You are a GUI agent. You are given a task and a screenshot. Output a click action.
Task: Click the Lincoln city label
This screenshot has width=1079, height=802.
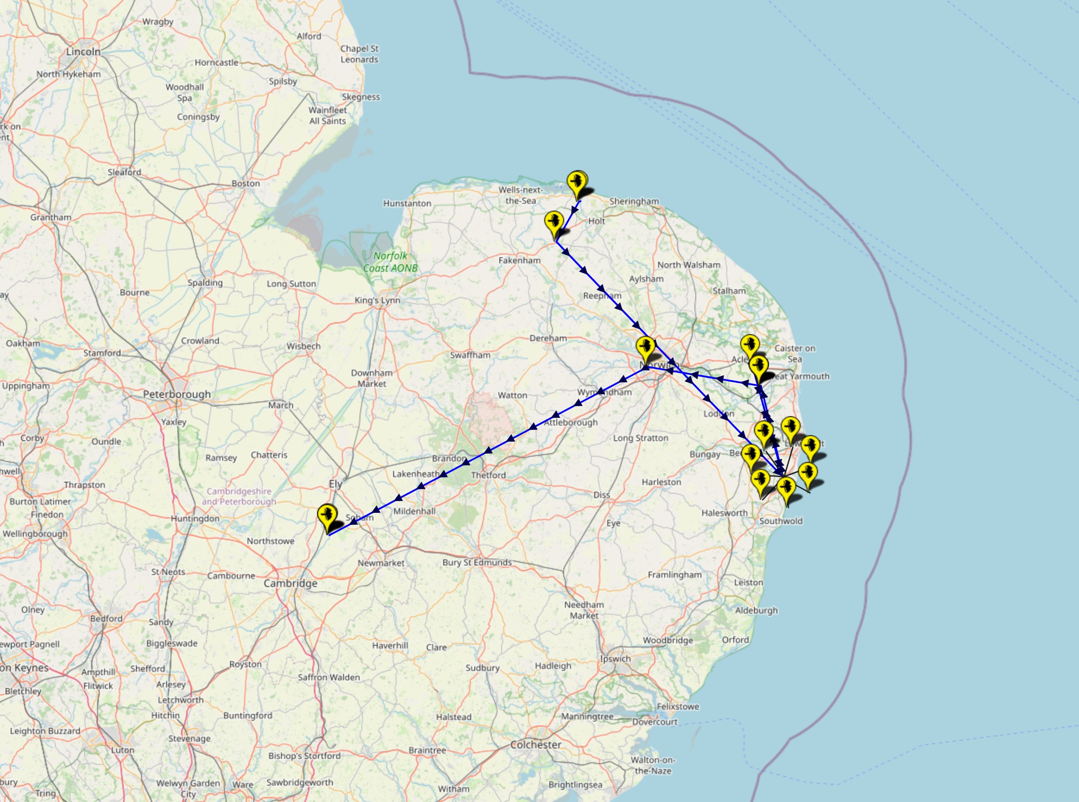83,51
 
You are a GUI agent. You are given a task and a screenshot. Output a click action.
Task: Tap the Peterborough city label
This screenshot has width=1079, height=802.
177,394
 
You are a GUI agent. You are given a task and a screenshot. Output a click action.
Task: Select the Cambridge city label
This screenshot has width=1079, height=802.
290,583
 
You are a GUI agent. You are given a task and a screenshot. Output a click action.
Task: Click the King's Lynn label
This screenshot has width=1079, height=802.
377,300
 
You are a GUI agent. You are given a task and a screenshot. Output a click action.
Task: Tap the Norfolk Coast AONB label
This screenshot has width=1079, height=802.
390,262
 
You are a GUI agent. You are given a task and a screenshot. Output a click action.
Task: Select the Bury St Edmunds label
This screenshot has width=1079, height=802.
476,562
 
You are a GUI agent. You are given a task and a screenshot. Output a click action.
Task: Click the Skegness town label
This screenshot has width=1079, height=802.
361,97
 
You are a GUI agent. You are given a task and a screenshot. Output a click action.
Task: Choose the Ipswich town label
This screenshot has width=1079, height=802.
615,659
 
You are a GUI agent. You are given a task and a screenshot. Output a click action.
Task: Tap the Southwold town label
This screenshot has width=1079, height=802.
780,521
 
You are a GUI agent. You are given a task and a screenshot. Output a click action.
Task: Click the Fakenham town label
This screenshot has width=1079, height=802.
519,260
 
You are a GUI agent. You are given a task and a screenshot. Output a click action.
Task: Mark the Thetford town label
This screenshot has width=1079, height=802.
488,475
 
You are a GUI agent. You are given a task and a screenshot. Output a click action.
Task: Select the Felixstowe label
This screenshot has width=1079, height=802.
678,706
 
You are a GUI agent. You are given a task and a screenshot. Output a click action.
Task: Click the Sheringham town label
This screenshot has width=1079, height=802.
634,201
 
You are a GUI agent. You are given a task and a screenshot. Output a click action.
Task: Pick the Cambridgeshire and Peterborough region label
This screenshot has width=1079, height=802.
239,496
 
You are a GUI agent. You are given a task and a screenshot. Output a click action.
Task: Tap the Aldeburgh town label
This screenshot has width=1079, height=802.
756,610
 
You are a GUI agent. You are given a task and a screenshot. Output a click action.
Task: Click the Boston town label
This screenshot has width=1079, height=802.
246,183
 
